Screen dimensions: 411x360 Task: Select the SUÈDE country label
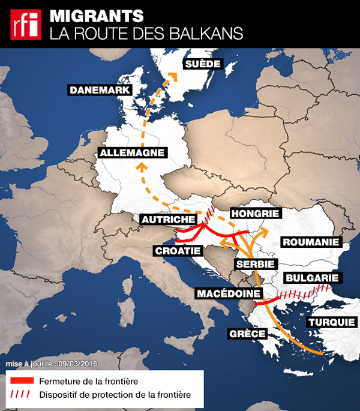[203, 64]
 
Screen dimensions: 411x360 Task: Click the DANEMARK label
[100, 90]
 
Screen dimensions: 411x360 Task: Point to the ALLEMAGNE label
[133, 153]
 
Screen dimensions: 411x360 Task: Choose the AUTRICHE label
[168, 220]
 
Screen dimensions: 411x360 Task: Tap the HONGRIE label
[256, 214]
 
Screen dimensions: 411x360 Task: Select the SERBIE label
[255, 264]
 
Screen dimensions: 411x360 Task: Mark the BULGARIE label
[313, 278]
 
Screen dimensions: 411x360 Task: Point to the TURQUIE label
[331, 322]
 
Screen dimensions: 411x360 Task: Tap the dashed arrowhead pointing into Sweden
[173, 76]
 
